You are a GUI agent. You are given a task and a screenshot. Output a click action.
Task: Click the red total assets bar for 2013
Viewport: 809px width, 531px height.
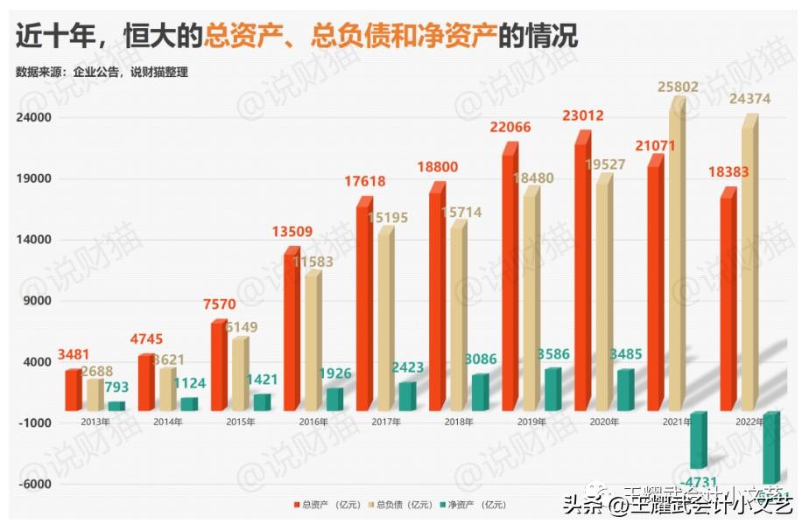click(73, 390)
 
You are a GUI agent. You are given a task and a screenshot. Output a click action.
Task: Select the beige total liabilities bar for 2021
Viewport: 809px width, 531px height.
click(676, 254)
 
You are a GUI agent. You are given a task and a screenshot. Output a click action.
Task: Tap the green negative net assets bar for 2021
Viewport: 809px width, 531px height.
click(698, 440)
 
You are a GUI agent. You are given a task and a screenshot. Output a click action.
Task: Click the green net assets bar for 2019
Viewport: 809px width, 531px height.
click(552, 390)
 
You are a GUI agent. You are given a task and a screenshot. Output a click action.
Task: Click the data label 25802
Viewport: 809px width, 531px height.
click(681, 87)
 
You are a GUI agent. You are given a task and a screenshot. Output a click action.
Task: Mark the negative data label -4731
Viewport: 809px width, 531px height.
click(700, 481)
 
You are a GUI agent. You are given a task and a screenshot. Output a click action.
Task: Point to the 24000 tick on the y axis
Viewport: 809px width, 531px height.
click(36, 117)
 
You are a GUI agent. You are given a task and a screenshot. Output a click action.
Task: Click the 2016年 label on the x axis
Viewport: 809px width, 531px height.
click(313, 423)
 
